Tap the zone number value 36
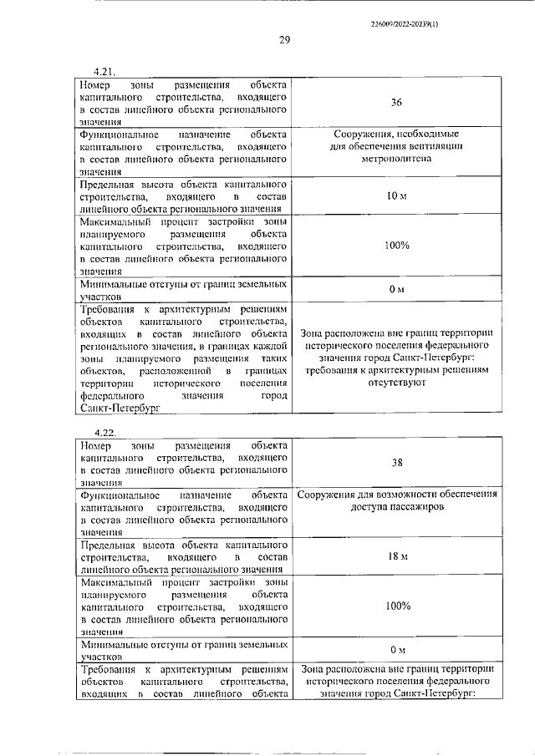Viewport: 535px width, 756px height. click(x=396, y=103)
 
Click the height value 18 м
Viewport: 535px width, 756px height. click(x=397, y=556)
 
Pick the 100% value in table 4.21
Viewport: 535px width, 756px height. click(x=397, y=246)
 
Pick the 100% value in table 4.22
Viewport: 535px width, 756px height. click(x=397, y=606)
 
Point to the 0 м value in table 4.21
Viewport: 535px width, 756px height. click(x=397, y=289)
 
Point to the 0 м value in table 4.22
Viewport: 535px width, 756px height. click(x=397, y=650)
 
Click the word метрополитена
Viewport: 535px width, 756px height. click(x=396, y=159)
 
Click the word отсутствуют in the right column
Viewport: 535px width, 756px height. click(x=396, y=383)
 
